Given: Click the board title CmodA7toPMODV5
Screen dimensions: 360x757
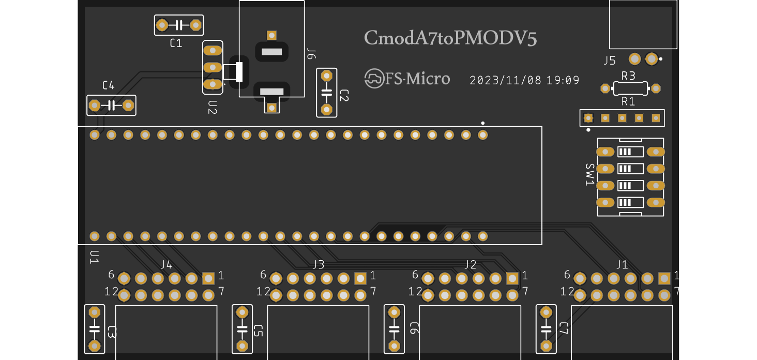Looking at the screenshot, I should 450,38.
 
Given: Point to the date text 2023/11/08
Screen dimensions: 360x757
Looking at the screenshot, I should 505,81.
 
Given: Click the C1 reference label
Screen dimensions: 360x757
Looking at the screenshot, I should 176,43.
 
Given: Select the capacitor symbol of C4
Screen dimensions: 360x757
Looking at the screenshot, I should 111,106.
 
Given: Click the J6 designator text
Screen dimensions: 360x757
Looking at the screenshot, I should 311,54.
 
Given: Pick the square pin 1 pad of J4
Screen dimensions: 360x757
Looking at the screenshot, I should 208,279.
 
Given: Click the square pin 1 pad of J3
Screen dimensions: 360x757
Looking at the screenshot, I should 360,279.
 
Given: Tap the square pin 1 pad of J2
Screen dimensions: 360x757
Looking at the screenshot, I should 512,279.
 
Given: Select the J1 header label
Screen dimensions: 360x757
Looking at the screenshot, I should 622,265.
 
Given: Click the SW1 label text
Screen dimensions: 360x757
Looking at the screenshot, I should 589,175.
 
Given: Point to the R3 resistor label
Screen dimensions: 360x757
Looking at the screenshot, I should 628,76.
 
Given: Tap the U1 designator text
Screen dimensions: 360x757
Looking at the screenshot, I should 94,257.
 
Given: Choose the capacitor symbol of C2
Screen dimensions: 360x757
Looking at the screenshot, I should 326,93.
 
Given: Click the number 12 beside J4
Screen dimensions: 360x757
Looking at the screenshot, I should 111,292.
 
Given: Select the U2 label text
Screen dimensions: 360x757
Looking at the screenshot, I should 213,107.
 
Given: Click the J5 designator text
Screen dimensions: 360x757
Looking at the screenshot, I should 610,61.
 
